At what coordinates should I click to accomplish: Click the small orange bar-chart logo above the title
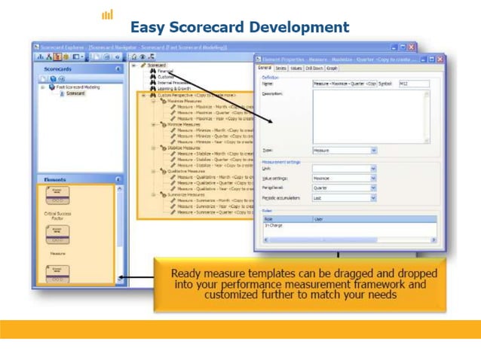[107, 14]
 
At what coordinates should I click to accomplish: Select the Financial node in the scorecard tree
[156, 71]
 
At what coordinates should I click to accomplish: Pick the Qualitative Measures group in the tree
[176, 171]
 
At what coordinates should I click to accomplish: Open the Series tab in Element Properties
[280, 68]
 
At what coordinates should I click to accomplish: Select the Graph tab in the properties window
[332, 68]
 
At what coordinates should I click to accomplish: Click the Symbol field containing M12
[413, 84]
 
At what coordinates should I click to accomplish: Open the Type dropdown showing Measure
[344, 150]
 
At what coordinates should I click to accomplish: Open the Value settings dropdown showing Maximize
[344, 178]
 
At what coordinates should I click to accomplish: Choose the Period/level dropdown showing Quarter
[344, 188]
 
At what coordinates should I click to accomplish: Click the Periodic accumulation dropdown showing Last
[344, 198]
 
